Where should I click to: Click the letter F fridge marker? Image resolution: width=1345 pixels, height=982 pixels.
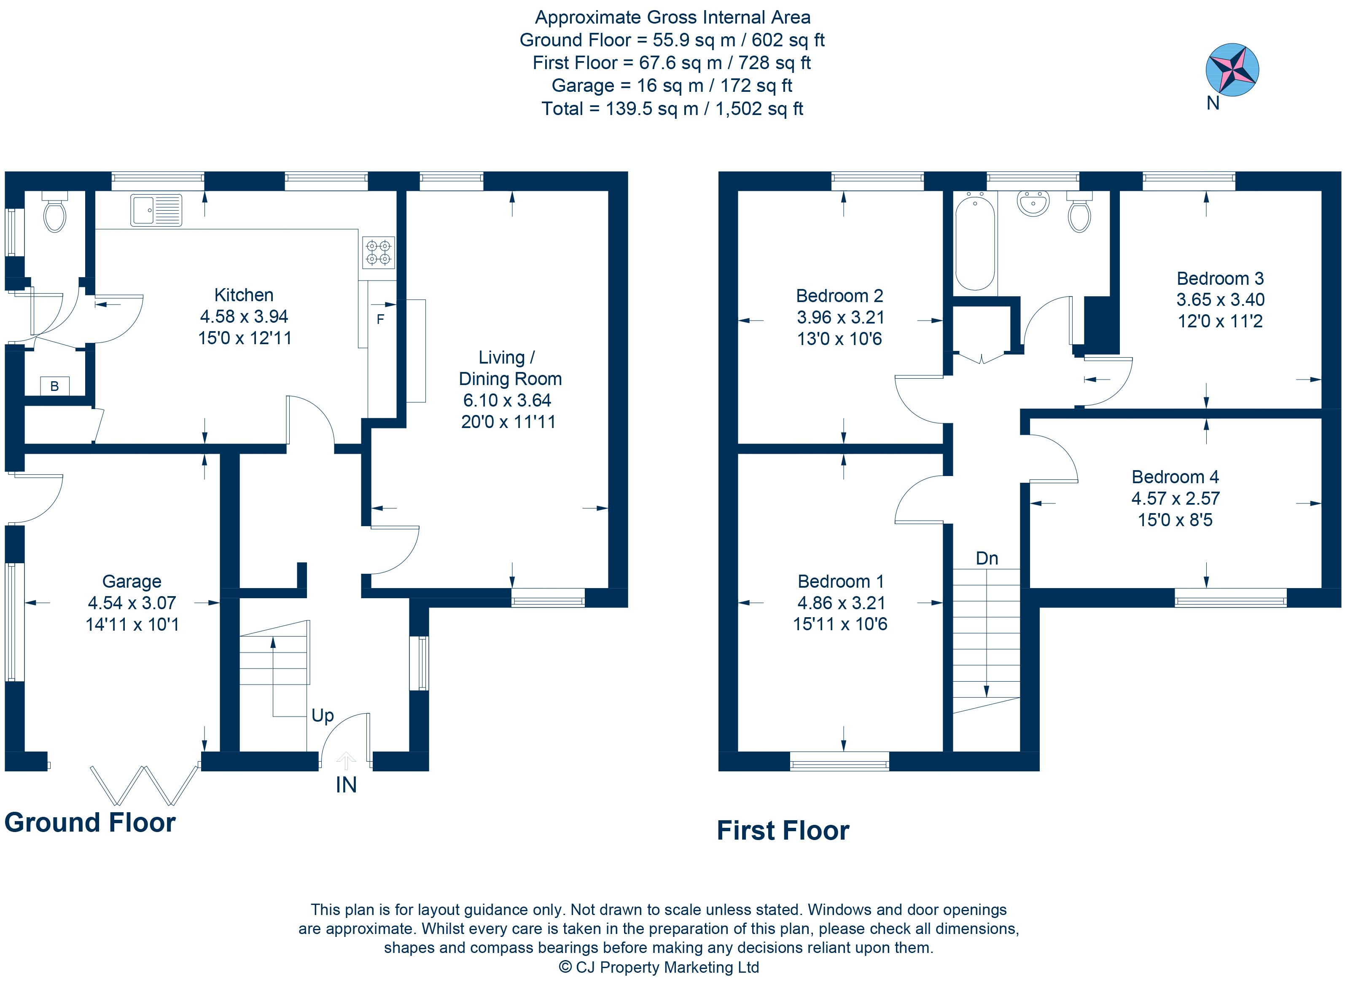380,320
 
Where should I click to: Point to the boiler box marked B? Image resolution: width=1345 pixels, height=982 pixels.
55,386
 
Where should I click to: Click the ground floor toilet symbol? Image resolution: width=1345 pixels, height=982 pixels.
55,214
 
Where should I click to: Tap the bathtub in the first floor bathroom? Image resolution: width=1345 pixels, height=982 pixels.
974,244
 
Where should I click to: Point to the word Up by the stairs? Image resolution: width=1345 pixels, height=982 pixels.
323,716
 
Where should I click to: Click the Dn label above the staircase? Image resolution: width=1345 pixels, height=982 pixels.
987,558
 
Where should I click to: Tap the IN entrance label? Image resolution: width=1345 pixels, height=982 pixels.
346,785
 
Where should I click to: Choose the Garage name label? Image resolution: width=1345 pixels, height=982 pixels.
132,581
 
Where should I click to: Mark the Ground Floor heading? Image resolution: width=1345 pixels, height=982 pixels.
90,823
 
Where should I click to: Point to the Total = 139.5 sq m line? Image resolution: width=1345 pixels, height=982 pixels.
672,109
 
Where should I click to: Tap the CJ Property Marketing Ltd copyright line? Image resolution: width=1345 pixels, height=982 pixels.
659,967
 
